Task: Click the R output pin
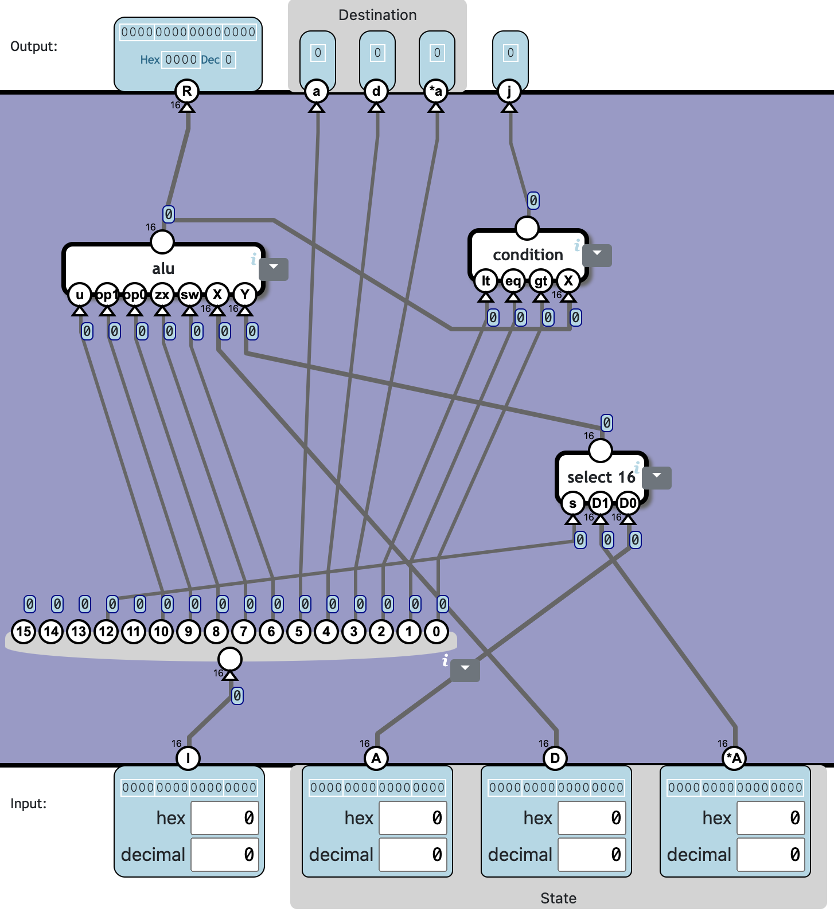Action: (187, 91)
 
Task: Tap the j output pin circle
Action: (509, 91)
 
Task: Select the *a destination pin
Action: (436, 91)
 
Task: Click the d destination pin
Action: (376, 91)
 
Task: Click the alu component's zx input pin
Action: (162, 295)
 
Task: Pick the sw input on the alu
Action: (190, 295)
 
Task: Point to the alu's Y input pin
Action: (245, 295)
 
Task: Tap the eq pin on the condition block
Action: (513, 281)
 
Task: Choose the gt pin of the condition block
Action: (541, 281)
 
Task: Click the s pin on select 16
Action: (572, 503)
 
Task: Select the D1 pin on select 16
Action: (600, 503)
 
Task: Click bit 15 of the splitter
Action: (24, 632)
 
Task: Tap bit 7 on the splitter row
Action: (244, 632)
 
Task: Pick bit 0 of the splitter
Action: (437, 632)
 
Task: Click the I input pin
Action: (188, 758)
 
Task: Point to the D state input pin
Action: (555, 758)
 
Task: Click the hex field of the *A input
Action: (771, 818)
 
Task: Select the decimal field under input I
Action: (225, 855)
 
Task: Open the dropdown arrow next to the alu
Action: (274, 268)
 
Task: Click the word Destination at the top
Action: (377, 15)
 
